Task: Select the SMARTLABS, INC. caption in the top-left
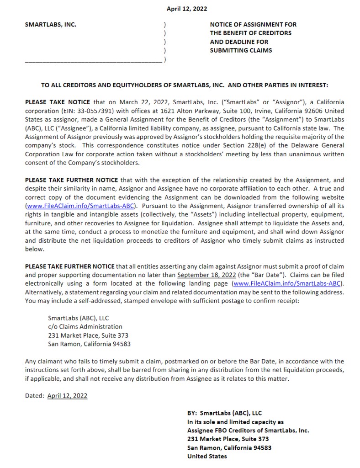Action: point(50,25)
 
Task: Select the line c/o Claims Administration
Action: point(85,327)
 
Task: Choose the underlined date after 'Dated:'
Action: point(67,396)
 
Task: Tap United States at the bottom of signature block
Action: point(207,456)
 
